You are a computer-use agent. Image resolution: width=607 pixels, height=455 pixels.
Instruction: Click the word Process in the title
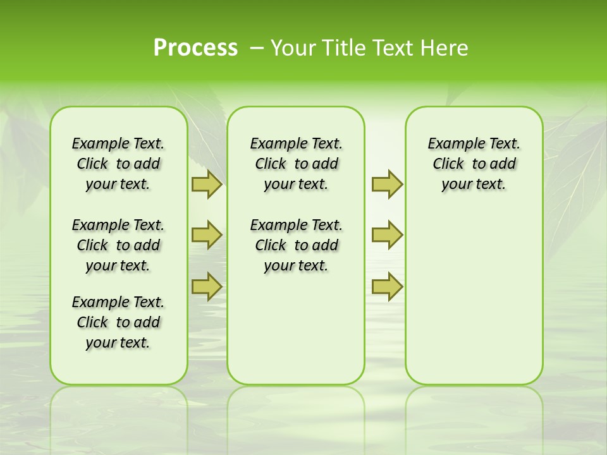(x=195, y=47)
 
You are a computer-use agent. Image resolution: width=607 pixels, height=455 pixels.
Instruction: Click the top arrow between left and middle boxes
(x=207, y=185)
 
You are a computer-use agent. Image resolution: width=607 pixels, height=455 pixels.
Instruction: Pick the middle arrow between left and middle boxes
(x=207, y=235)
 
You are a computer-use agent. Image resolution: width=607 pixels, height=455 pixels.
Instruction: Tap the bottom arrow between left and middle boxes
(x=207, y=286)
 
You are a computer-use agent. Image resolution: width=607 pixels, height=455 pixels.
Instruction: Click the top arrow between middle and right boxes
(x=387, y=185)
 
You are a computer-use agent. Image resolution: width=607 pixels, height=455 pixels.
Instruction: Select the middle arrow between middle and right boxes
(x=387, y=235)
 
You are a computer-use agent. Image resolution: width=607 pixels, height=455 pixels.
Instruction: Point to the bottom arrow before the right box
(x=387, y=286)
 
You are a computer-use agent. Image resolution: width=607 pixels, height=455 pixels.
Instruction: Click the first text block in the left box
(x=118, y=164)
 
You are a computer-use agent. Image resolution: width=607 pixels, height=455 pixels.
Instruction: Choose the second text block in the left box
(x=118, y=245)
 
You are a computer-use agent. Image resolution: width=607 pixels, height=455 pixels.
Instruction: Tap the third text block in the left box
(x=118, y=322)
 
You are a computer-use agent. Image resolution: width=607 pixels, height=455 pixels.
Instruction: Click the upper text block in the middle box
(x=296, y=164)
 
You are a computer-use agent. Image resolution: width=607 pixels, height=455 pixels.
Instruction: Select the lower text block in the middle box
(x=296, y=245)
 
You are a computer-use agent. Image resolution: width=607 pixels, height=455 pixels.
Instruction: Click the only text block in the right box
(x=474, y=164)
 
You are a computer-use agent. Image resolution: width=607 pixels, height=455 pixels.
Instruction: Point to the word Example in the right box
(x=451, y=144)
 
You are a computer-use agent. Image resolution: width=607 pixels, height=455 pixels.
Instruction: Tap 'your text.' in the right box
(x=474, y=185)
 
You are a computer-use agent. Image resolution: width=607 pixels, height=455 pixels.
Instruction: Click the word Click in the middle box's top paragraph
(x=271, y=164)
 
